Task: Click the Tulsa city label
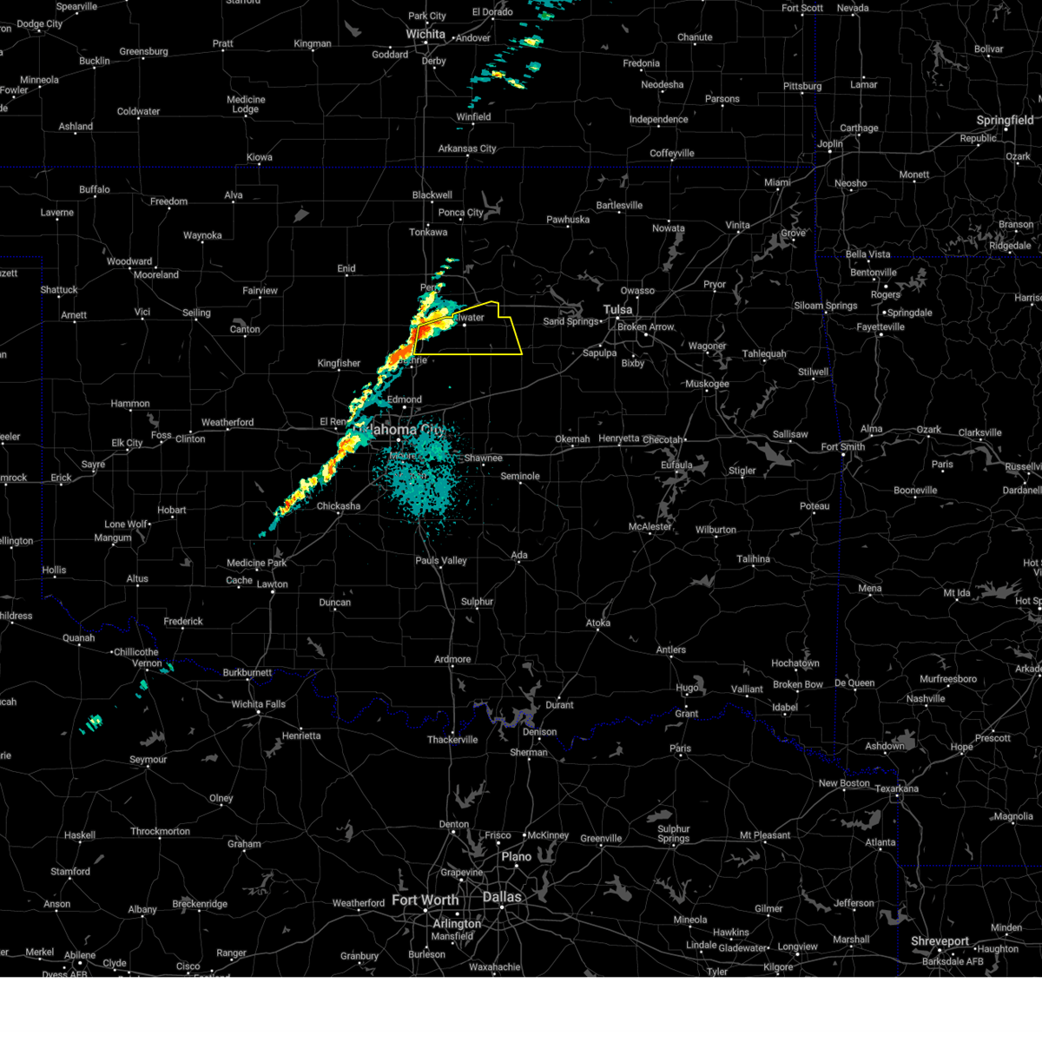[x=618, y=310]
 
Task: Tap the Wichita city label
[x=425, y=35]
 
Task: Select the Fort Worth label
[x=425, y=900]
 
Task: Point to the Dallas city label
[x=502, y=897]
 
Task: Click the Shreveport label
[x=940, y=941]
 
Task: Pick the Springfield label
[x=1005, y=121]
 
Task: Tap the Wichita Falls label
[x=258, y=704]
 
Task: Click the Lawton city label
[x=272, y=584]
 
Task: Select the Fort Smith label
[x=842, y=447]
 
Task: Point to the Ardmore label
[x=452, y=659]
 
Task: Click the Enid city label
[x=346, y=268]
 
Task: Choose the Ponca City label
[x=461, y=213]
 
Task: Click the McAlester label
[x=650, y=527]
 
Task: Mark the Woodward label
[x=129, y=261]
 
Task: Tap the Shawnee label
[x=483, y=458]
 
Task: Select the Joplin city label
[x=830, y=144]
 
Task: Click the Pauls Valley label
[x=441, y=561]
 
